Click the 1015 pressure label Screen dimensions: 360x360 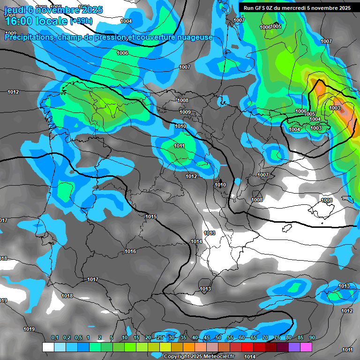pos(151,217)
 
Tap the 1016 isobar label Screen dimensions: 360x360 pos(130,252)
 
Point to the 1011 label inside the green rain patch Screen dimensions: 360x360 pos(179,146)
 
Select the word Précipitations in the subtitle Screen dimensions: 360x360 pos(28,37)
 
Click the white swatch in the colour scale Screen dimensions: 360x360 pos(48,347)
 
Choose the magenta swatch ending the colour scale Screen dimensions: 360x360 pos(306,347)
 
